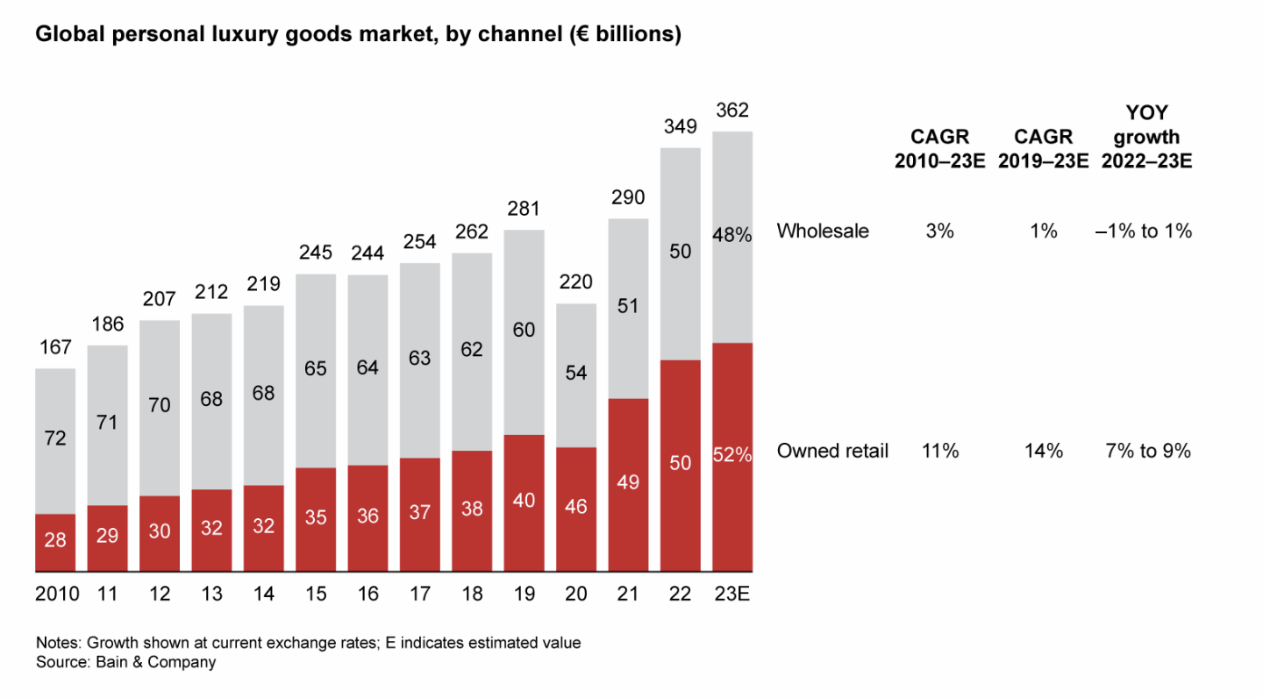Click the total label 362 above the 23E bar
point(732,111)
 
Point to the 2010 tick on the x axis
point(57,594)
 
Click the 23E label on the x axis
point(732,594)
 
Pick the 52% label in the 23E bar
point(732,455)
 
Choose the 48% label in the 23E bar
point(732,235)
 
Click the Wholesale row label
point(823,231)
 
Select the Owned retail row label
point(832,452)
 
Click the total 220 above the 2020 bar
point(576,282)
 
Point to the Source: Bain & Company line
point(125,663)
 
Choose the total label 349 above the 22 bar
point(681,127)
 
